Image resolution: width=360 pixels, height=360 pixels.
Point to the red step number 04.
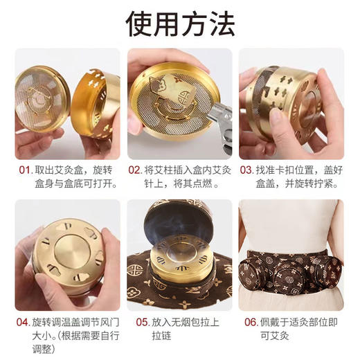click(x=24, y=322)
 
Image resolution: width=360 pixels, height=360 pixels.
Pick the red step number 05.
click(x=143, y=322)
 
